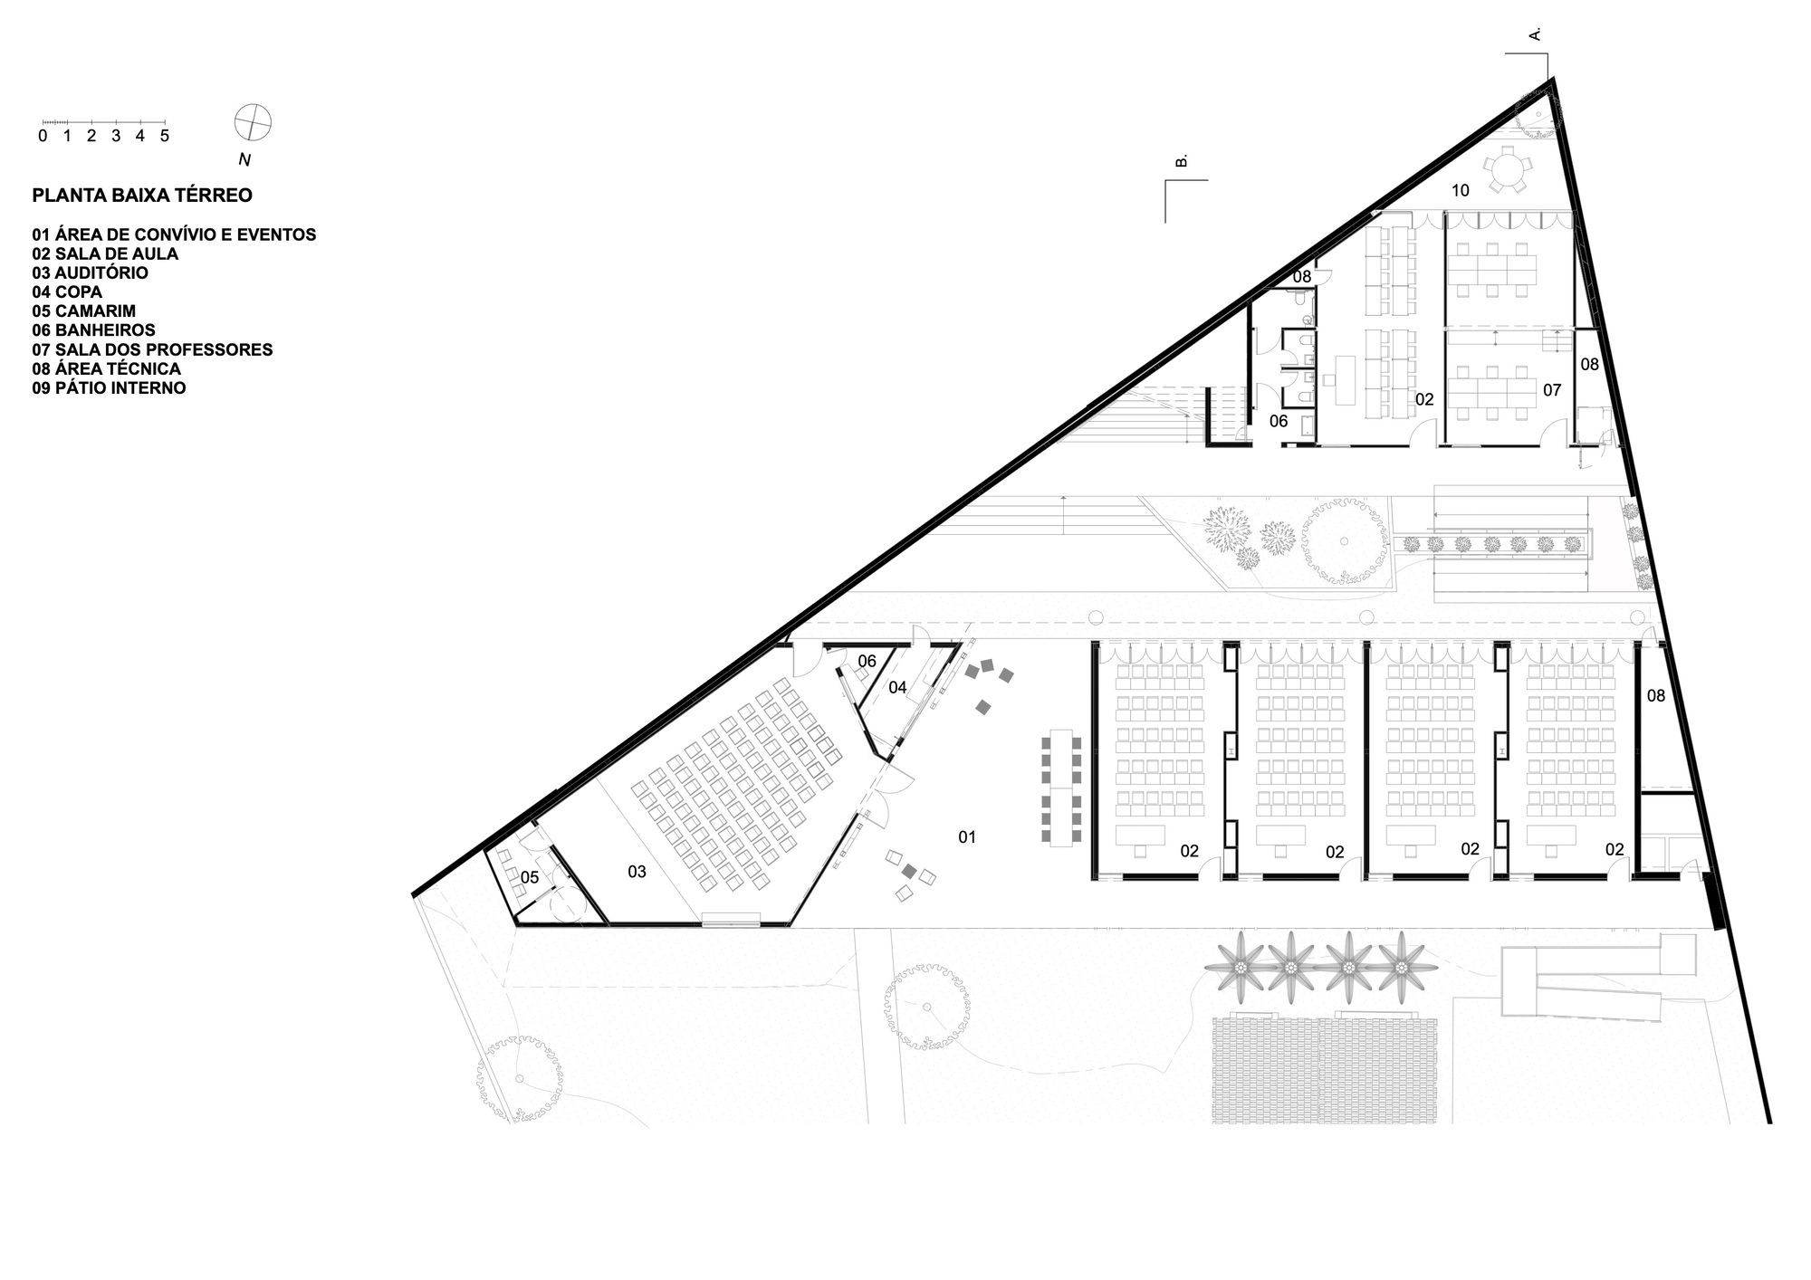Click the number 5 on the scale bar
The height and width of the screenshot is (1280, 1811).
pyautogui.click(x=165, y=137)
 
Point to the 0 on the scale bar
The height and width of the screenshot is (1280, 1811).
pyautogui.click(x=43, y=137)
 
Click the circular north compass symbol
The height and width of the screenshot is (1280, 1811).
pyautogui.click(x=253, y=122)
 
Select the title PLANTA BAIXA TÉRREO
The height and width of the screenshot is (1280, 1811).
pyautogui.click(x=142, y=195)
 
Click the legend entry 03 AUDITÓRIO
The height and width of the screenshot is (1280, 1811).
pyautogui.click(x=90, y=272)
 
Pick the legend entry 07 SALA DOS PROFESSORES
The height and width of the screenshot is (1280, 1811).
pyautogui.click(x=152, y=349)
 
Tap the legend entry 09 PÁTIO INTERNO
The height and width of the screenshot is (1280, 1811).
pyautogui.click(x=109, y=387)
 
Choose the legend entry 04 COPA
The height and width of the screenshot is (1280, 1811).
pyautogui.click(x=67, y=291)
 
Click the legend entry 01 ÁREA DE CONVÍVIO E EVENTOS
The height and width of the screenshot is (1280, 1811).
pyautogui.click(x=174, y=234)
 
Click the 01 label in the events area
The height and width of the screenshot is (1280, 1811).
pyautogui.click(x=967, y=837)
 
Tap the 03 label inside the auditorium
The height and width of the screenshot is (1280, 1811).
pyautogui.click(x=637, y=872)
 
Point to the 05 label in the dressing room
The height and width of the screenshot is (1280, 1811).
pyautogui.click(x=530, y=877)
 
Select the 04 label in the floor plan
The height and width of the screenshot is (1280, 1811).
pyautogui.click(x=897, y=688)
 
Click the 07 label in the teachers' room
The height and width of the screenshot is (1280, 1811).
pyautogui.click(x=1552, y=390)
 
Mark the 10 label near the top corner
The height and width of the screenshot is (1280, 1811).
pyautogui.click(x=1460, y=191)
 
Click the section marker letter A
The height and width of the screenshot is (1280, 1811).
pyautogui.click(x=1535, y=34)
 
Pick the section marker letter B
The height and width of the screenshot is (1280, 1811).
pyautogui.click(x=1181, y=161)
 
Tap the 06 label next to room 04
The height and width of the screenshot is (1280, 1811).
pyautogui.click(x=867, y=661)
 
